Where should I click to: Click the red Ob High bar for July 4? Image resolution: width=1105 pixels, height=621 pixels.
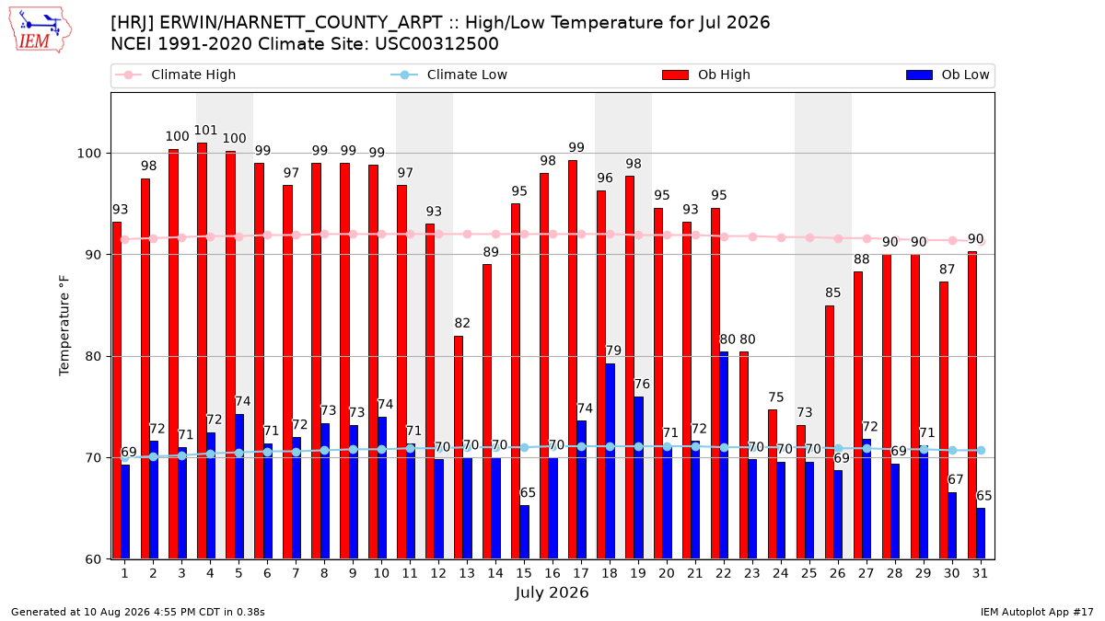pyautogui.click(x=202, y=351)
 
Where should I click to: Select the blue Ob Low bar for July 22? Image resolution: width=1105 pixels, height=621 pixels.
pyautogui.click(x=724, y=455)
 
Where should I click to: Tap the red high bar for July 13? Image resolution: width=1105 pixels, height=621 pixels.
pyautogui.click(x=459, y=447)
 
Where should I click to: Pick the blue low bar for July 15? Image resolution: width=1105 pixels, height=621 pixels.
pyautogui.click(x=524, y=533)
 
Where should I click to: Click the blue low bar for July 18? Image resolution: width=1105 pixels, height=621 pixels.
pyautogui.click(x=610, y=461)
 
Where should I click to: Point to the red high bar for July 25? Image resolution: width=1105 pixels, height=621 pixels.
pyautogui.click(x=800, y=492)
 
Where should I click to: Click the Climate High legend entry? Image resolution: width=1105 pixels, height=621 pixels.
pyautogui.click(x=176, y=75)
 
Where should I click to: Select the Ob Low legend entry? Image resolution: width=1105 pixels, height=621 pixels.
pyautogui.click(x=948, y=75)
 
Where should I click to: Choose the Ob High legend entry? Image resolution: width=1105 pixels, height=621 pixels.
pyautogui.click(x=706, y=75)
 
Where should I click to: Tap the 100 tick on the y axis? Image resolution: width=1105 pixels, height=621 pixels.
pyautogui.click(x=88, y=154)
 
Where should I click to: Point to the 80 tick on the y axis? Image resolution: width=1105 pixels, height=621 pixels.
pyautogui.click(x=93, y=356)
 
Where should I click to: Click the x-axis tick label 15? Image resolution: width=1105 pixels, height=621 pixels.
pyautogui.click(x=524, y=573)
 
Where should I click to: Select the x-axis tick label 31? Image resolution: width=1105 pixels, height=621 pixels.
pyautogui.click(x=980, y=573)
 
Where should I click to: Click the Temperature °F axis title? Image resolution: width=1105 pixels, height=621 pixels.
pyautogui.click(x=64, y=326)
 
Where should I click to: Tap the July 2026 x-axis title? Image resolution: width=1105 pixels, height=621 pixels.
pyautogui.click(x=552, y=592)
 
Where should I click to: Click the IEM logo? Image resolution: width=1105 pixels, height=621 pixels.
pyautogui.click(x=40, y=30)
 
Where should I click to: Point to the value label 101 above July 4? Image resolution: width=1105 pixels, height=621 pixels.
pyautogui.click(x=205, y=130)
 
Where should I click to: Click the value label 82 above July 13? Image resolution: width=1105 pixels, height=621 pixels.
pyautogui.click(x=462, y=323)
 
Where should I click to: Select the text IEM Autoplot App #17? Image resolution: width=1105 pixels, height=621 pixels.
pyautogui.click(x=1037, y=612)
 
